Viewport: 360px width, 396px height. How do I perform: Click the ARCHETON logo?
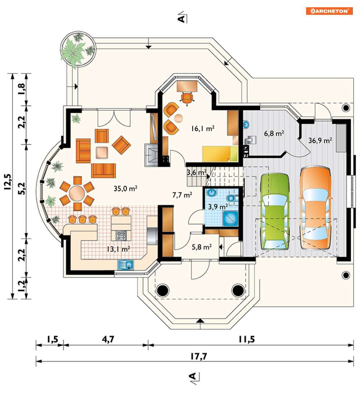point(329,11)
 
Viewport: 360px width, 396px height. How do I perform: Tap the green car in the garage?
point(275,212)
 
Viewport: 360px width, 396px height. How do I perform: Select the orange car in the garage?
point(315,208)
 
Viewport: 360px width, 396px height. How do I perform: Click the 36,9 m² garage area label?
point(320,140)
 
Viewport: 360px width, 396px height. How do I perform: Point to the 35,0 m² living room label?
point(126,188)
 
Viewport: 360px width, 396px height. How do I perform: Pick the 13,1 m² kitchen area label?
point(118,249)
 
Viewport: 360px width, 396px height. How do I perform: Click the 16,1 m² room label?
point(203,128)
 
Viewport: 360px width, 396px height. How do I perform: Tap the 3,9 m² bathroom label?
point(218,206)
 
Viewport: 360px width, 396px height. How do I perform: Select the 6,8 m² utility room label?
point(274,133)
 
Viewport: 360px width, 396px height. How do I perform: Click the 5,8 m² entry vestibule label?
point(202,247)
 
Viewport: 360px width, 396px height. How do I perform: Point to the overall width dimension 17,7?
point(199,356)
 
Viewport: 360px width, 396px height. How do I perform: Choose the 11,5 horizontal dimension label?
point(246,339)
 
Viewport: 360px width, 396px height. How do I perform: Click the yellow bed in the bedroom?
point(220,154)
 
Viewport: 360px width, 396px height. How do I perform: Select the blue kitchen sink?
point(126,265)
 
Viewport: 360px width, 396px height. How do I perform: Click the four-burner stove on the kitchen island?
point(121,235)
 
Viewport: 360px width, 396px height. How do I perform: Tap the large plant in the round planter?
point(73,53)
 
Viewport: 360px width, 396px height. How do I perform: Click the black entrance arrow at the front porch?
point(200,321)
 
